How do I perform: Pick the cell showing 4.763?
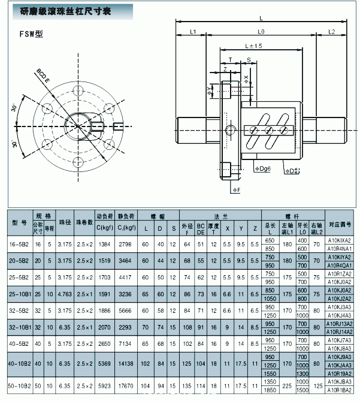[x=64, y=295]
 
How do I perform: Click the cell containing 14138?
[x=125, y=363]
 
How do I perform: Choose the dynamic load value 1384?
[x=104, y=244]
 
